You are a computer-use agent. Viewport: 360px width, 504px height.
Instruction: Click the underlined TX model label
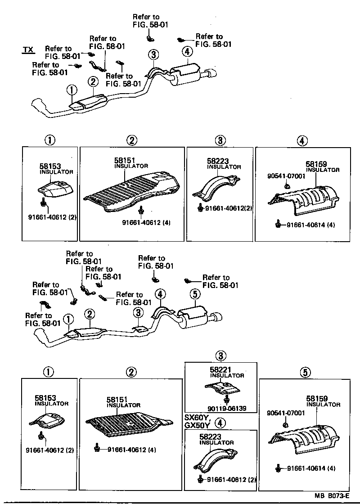click(x=28, y=49)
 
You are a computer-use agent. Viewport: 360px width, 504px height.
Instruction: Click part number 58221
click(x=219, y=369)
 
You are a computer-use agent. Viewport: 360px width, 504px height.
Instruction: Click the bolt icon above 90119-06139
click(x=227, y=399)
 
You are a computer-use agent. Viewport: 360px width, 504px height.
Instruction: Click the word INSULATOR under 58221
click(x=227, y=375)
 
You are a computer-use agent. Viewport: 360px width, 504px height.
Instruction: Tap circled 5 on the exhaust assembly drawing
click(x=194, y=295)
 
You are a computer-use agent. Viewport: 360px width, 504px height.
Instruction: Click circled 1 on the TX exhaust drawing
click(x=72, y=90)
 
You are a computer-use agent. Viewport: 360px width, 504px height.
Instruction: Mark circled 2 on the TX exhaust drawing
click(x=93, y=82)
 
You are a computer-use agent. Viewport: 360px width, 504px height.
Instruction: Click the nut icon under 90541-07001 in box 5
click(x=285, y=425)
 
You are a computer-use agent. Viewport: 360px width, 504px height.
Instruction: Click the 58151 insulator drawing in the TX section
click(x=133, y=189)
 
